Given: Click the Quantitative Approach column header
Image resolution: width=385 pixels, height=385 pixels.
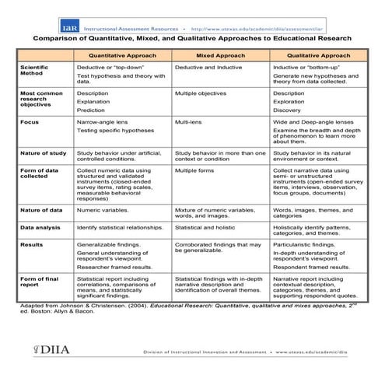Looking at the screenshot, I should click(x=122, y=57).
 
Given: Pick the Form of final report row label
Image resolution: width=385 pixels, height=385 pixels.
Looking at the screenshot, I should click(x=39, y=282).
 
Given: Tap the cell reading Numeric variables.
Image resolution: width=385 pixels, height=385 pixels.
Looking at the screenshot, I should click(x=104, y=210).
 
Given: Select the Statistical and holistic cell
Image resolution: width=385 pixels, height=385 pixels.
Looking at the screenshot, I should click(x=206, y=227).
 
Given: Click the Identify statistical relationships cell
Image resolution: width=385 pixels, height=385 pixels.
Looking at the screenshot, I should click(x=122, y=227).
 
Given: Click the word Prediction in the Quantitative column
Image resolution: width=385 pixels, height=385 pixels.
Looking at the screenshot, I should click(x=93, y=110).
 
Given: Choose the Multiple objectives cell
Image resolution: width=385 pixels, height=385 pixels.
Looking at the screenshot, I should click(x=203, y=93).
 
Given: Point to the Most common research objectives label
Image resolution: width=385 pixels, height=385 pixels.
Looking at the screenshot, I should click(x=39, y=98).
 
